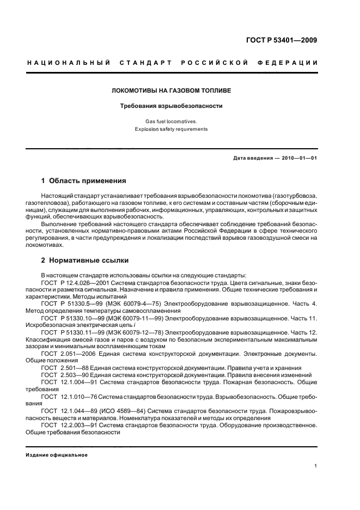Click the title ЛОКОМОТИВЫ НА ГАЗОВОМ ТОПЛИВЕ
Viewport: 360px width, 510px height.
pyautogui.click(x=172, y=89)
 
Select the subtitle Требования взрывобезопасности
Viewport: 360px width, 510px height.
pyautogui.click(x=172, y=106)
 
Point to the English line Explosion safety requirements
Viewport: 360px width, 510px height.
pyautogui.click(x=172, y=130)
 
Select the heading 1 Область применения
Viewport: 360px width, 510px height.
pyautogui.click(x=84, y=180)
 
